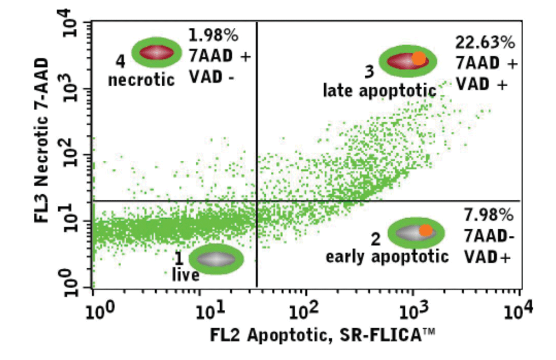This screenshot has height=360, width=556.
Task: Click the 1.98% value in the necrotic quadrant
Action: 214,36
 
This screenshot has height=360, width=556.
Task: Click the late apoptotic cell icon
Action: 408,60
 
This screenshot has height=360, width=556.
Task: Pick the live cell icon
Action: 216,259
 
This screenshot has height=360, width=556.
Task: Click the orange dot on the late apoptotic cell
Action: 419,58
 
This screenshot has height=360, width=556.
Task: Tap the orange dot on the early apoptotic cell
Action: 426,230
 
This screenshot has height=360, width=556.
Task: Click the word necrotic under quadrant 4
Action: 141,80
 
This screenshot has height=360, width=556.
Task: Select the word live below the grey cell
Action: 185,275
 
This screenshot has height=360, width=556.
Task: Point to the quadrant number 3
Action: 369,71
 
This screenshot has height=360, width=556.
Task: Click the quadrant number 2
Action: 376,240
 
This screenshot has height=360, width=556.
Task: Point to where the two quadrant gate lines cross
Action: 256,200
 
